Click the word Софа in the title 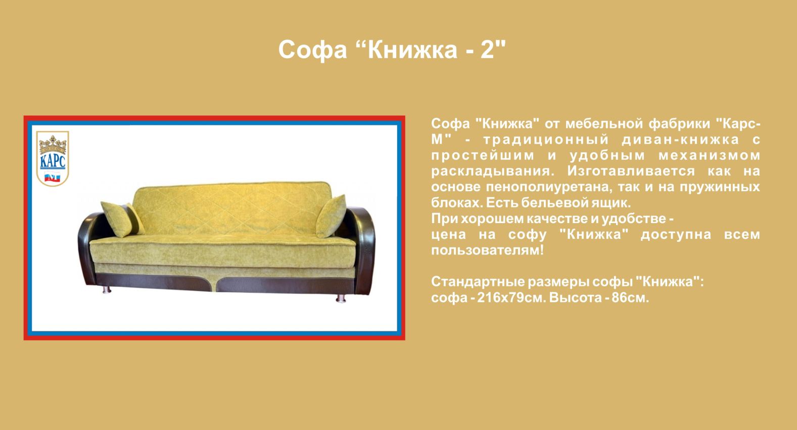click(312, 50)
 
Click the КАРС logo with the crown click(53, 158)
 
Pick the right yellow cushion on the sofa click(331, 216)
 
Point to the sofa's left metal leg click(107, 290)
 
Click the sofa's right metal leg click(341, 298)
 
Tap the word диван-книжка click(680, 139)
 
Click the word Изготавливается click(631, 171)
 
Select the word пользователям click(488, 250)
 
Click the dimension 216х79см click(511, 297)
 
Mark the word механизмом click(709, 155)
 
